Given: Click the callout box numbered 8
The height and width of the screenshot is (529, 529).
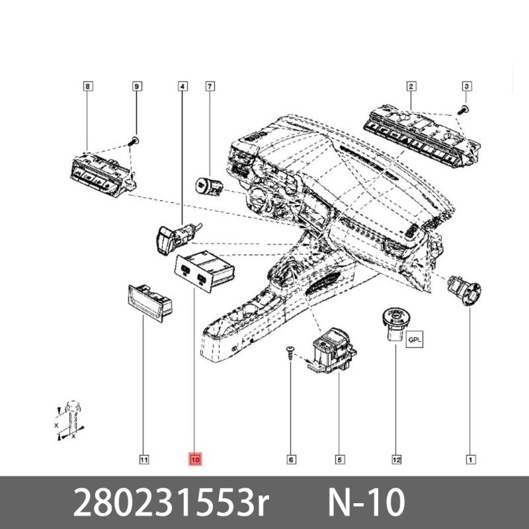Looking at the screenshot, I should (x=88, y=86).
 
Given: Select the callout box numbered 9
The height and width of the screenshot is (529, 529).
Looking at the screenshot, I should (x=136, y=86).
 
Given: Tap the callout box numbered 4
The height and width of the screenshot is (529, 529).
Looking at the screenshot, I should (x=182, y=86).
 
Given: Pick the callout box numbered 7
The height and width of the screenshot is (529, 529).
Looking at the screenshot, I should (x=209, y=86).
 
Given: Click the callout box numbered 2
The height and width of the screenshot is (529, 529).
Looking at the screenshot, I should (x=411, y=86).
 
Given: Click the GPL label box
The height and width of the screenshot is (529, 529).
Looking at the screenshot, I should (x=414, y=341).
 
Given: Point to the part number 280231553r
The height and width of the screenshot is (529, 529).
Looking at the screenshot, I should (x=171, y=503).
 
